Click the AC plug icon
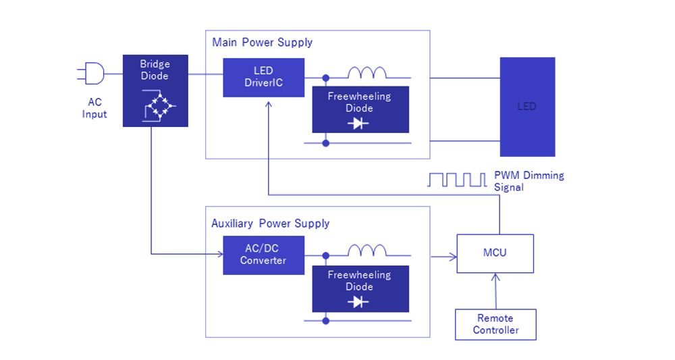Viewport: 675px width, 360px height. (x=92, y=74)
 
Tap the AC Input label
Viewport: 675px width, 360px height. (x=94, y=109)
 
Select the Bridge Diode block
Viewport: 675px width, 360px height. (x=155, y=91)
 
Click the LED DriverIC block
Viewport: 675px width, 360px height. (x=263, y=78)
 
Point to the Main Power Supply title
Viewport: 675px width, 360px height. (x=262, y=43)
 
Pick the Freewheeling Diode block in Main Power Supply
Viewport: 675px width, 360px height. (x=360, y=109)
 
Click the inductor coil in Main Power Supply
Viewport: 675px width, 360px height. (x=367, y=73)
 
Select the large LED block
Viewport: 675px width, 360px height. (x=527, y=107)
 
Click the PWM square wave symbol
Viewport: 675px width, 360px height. (x=457, y=180)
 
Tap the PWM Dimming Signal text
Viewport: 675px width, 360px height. (x=529, y=181)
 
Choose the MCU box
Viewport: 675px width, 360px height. (x=495, y=253)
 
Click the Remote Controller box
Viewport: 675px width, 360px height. (x=495, y=324)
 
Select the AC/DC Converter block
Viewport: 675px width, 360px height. (x=263, y=255)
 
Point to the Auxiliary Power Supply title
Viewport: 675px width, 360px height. (x=270, y=224)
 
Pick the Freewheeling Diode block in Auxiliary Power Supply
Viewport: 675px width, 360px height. (x=360, y=288)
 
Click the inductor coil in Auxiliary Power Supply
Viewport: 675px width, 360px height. (x=367, y=251)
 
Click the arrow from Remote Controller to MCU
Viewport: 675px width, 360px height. (x=495, y=291)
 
